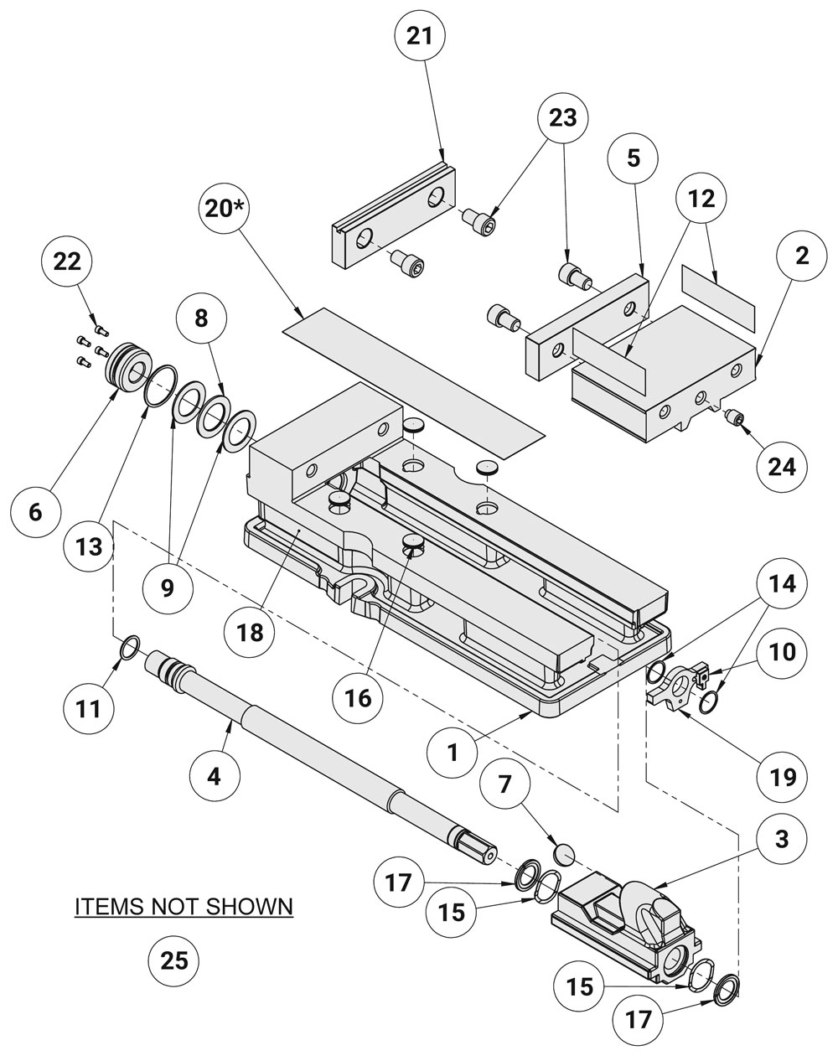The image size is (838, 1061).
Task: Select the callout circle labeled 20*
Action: click(224, 208)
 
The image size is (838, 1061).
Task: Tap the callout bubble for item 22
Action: click(68, 261)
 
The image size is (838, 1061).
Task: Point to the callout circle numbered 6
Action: click(35, 511)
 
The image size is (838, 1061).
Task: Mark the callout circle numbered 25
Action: click(174, 960)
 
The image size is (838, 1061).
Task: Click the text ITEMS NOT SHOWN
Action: click(184, 907)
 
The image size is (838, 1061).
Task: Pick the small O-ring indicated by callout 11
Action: click(127, 647)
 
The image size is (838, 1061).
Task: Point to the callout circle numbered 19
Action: click(781, 777)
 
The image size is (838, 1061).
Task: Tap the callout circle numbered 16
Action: click(358, 697)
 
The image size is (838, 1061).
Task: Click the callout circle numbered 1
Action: click(453, 752)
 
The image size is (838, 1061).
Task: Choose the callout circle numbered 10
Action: click(781, 651)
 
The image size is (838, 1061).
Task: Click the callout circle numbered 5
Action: click(634, 158)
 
